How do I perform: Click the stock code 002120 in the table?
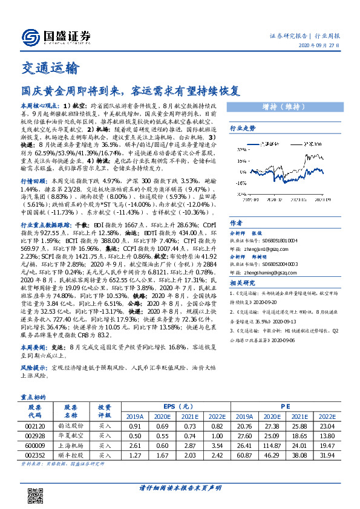point(34,426)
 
